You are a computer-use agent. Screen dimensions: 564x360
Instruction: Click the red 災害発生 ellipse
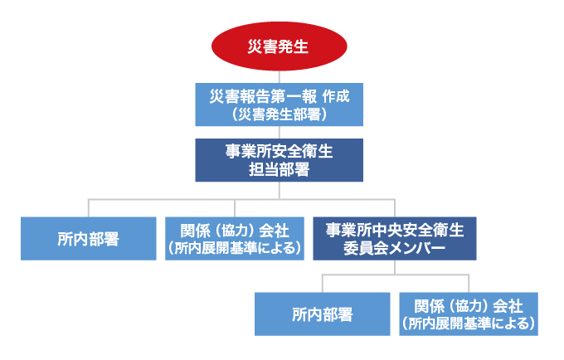pyautogui.click(x=280, y=46)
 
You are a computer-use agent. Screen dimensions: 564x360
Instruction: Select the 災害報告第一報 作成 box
pyautogui.click(x=280, y=105)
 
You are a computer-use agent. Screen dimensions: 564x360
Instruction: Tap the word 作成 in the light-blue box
pyautogui.click(x=336, y=96)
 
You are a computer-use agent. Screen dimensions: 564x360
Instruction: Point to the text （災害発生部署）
pyautogui.click(x=280, y=114)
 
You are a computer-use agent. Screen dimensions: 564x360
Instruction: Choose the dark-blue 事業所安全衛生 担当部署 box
pyautogui.click(x=280, y=160)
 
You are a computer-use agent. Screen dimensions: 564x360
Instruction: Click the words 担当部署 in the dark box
pyautogui.click(x=280, y=170)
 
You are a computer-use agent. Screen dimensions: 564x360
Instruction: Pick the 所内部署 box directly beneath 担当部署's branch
pyautogui.click(x=89, y=238)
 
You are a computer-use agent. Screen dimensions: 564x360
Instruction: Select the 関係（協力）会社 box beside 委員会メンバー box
pyautogui.click(x=235, y=238)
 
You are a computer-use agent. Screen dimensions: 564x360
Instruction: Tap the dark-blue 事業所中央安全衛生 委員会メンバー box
pyautogui.click(x=395, y=238)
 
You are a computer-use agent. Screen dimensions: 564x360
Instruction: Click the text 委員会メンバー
pyautogui.click(x=395, y=248)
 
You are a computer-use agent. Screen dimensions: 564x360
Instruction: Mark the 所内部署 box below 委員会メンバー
pyautogui.click(x=323, y=314)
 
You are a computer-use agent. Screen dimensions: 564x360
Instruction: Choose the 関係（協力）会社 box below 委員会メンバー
pyautogui.click(x=469, y=314)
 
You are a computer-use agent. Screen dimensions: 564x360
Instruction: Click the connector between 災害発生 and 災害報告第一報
pyautogui.click(x=280, y=77)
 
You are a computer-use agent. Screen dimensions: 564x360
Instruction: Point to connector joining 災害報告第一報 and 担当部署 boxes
pyautogui.click(x=280, y=133)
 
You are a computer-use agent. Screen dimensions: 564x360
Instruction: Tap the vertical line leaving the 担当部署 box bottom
pyautogui.click(x=280, y=190)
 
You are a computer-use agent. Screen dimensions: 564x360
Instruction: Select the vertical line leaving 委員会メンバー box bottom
pyautogui.click(x=395, y=267)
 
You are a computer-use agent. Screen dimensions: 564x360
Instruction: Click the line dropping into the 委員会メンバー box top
pyautogui.click(x=395, y=208)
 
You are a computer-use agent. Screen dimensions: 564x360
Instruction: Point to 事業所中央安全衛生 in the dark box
pyautogui.click(x=395, y=230)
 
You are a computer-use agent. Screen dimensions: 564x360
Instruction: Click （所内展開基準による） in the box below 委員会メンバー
pyautogui.click(x=469, y=324)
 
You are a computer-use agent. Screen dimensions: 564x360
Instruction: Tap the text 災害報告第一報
pyautogui.click(x=263, y=96)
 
